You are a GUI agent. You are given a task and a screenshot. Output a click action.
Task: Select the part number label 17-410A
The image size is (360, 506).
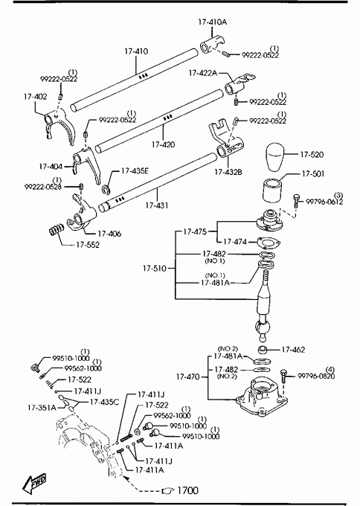[212, 22]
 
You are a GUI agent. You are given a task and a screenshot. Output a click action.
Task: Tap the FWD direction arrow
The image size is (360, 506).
[34, 484]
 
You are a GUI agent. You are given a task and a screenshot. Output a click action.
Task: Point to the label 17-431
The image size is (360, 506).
[157, 205]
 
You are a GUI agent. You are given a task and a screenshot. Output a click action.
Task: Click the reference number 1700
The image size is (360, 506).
[188, 490]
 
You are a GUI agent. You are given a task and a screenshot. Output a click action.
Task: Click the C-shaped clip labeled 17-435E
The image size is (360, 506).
[106, 190]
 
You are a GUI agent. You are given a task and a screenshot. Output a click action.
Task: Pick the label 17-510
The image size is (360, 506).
[155, 268]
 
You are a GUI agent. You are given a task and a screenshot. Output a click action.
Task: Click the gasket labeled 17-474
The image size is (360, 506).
[269, 243]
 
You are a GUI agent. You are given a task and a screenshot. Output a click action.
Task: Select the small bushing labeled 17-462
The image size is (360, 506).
[263, 350]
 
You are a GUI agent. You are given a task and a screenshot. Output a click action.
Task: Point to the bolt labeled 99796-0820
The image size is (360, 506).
[283, 376]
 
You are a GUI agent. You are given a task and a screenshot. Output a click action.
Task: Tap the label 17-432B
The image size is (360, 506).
[228, 172]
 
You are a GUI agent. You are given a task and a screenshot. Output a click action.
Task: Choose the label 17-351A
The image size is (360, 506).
[42, 408]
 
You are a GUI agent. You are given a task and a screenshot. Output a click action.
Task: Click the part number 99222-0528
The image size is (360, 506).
[43, 187]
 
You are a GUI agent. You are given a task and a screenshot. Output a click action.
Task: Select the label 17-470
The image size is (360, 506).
[187, 377]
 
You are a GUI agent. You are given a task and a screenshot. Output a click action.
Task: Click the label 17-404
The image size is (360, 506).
[51, 167]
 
